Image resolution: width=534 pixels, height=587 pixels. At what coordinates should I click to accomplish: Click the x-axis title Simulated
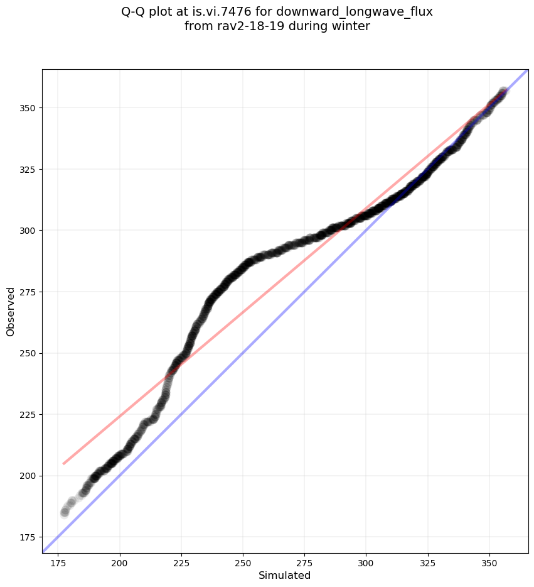pos(285,575)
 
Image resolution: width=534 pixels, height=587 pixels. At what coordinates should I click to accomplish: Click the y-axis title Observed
pos(11,311)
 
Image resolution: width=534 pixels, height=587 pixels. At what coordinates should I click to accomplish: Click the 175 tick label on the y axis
pos(28,537)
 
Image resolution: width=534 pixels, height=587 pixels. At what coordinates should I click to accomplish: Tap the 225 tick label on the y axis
pos(28,415)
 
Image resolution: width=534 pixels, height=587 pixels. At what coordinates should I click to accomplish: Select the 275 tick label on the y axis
pos(28,292)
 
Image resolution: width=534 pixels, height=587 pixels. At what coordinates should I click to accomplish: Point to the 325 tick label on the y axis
pos(28,170)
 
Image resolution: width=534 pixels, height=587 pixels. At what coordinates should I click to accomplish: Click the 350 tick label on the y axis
pos(28,108)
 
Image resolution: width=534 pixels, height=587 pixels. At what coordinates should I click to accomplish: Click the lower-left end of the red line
pos(63,464)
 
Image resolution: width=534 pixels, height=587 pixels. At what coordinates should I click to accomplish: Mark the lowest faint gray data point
pos(65,512)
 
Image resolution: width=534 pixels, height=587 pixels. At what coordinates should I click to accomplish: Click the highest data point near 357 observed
pos(503,92)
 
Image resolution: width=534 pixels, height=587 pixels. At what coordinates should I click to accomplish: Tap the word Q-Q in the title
pos(135,11)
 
